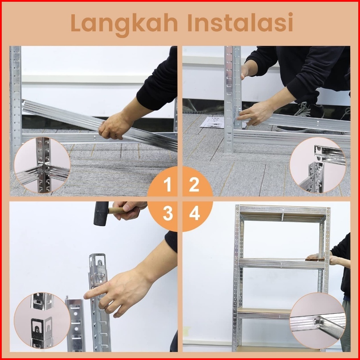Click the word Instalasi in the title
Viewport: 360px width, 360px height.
[x=240, y=23]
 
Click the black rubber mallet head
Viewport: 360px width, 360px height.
[x=101, y=213]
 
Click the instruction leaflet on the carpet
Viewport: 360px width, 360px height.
[x=212, y=122]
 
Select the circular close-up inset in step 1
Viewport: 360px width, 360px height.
[x=42, y=165]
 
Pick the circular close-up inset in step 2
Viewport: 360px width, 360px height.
[x=318, y=165]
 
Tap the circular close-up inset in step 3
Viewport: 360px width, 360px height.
[x=42, y=321]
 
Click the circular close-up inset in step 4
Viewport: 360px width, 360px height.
[x=318, y=321]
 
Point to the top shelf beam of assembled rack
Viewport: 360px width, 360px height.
[x=283, y=209]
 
